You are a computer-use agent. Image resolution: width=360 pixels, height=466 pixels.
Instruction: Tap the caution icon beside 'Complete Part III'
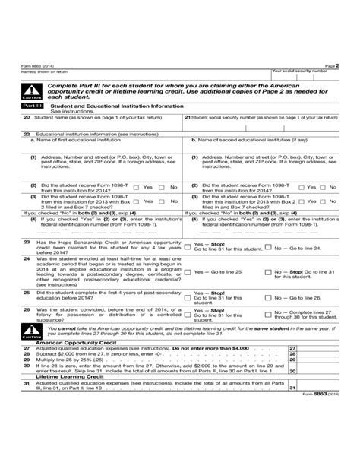click(x=33, y=91)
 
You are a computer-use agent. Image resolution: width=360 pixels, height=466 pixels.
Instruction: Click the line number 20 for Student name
click(x=27, y=119)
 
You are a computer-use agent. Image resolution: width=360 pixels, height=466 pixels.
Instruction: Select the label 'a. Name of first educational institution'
click(x=74, y=140)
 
